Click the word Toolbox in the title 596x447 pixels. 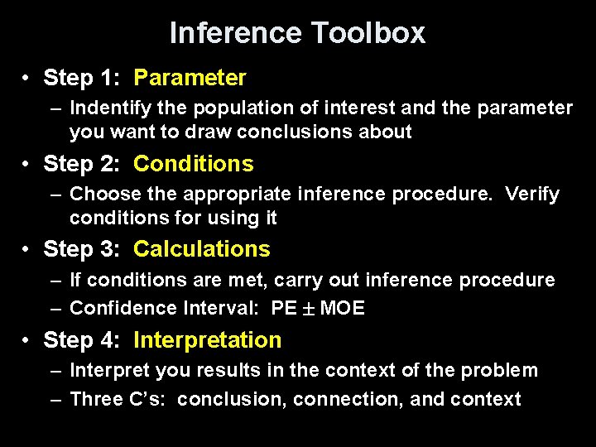(x=368, y=33)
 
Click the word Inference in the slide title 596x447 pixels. (x=236, y=33)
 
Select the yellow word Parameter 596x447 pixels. (x=190, y=78)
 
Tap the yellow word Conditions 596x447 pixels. (x=193, y=164)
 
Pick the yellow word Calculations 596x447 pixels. (x=201, y=249)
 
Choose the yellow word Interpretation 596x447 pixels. (x=207, y=340)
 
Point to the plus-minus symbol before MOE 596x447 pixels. (x=308, y=309)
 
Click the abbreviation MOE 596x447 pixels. (x=342, y=309)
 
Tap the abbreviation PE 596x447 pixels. (x=284, y=309)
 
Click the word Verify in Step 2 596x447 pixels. (x=532, y=195)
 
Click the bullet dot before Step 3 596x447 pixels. (x=27, y=250)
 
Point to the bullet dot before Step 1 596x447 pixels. (x=27, y=79)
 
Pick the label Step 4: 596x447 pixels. (x=84, y=340)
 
